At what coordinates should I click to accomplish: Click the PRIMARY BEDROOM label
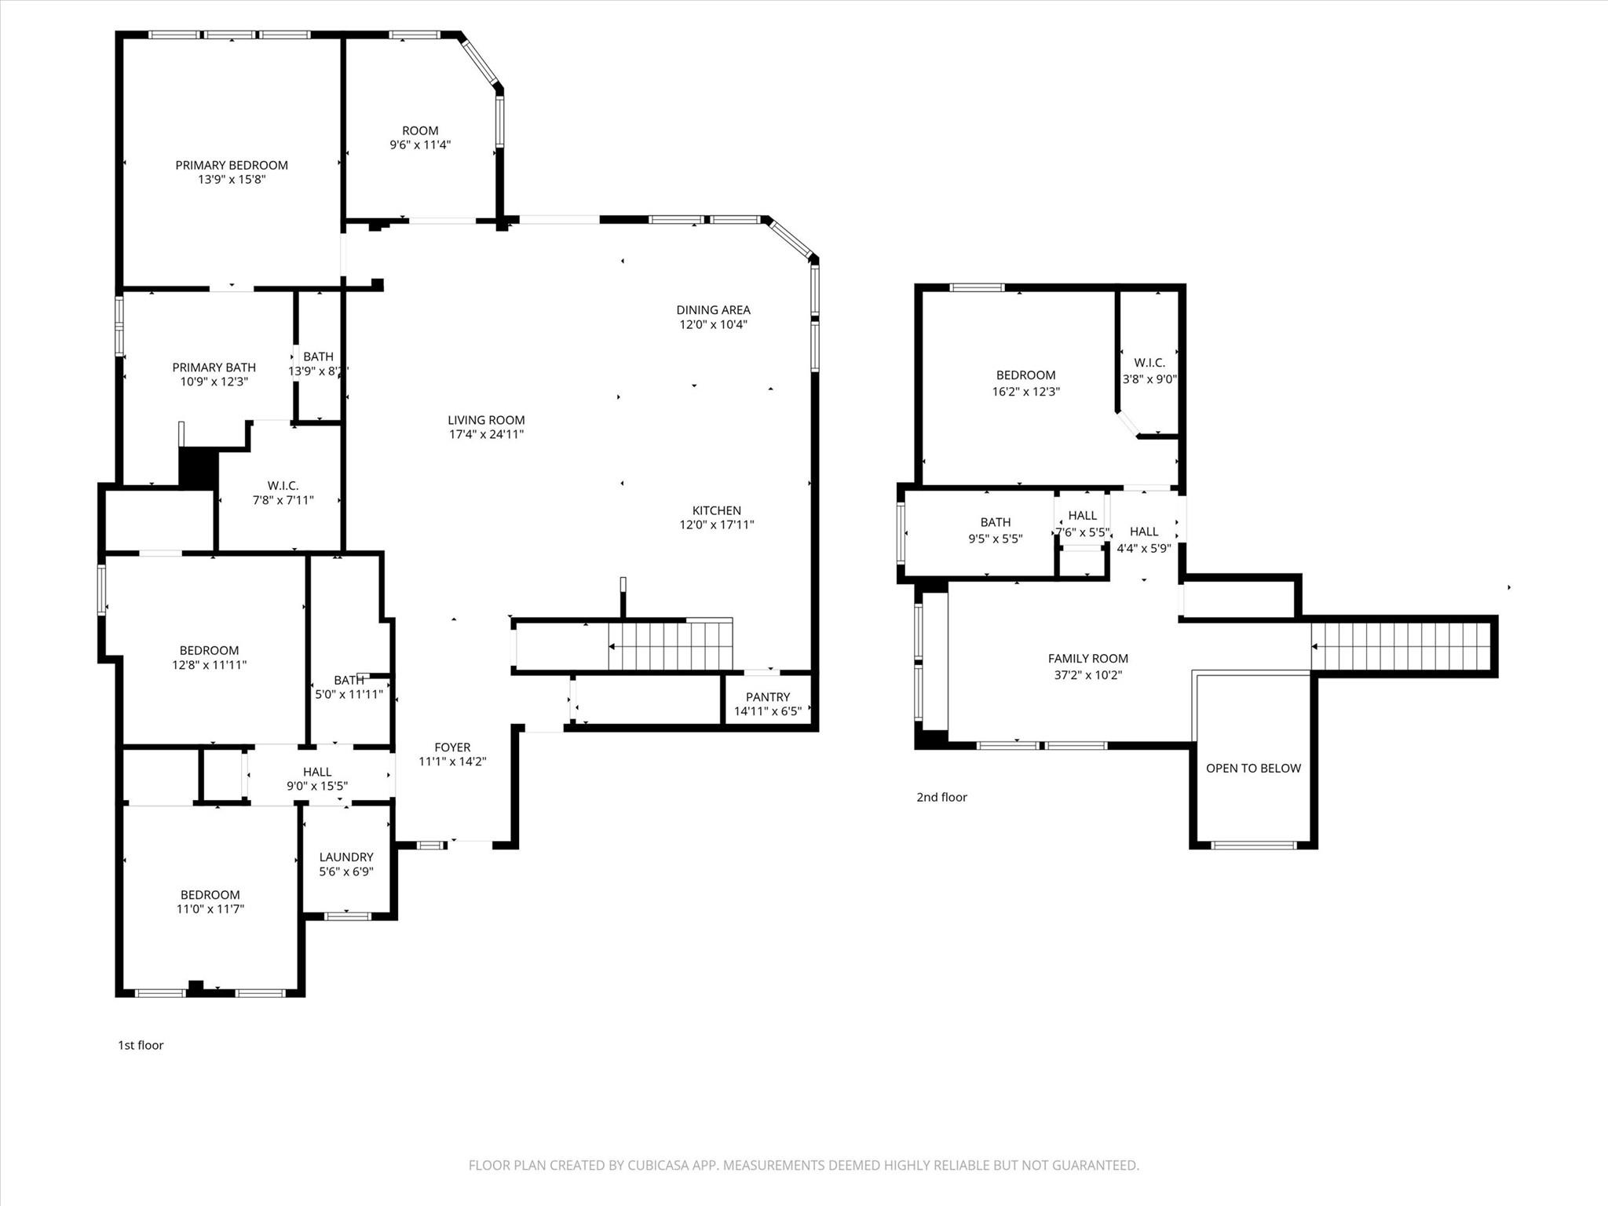(x=231, y=165)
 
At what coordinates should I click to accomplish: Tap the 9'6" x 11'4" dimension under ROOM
(x=420, y=145)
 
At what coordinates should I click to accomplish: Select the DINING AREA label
(x=713, y=310)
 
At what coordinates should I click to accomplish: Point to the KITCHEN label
(x=716, y=510)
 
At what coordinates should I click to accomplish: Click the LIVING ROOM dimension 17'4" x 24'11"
(x=486, y=434)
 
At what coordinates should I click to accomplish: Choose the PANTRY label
(x=767, y=697)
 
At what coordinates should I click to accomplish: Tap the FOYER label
(x=452, y=747)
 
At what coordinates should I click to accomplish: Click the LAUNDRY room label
(x=345, y=857)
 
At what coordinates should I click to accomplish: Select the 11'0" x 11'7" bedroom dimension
(x=210, y=909)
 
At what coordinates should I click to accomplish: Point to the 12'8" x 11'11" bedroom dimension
(x=209, y=665)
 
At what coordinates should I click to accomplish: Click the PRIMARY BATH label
(x=214, y=367)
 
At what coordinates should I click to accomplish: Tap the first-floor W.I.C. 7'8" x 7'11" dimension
(x=283, y=500)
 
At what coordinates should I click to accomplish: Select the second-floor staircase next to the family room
(x=1401, y=647)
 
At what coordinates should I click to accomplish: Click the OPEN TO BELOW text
(x=1253, y=769)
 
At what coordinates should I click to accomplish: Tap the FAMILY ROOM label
(x=1087, y=659)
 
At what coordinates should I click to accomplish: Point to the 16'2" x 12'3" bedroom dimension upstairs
(x=1025, y=391)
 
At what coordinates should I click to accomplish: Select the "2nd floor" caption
(x=941, y=797)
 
